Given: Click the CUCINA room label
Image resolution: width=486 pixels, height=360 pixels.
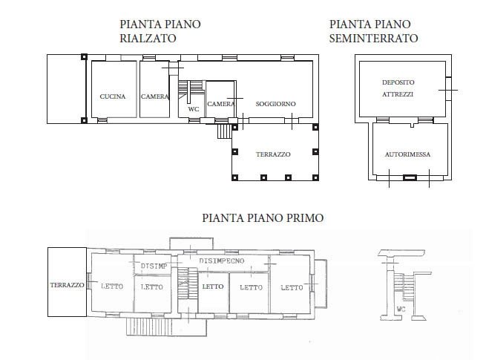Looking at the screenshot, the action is [x=113, y=96].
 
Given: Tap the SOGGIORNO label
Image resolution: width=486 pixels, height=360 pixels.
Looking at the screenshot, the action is [x=275, y=104].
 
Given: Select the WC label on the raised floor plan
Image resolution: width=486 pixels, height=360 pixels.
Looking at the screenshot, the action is [x=194, y=109].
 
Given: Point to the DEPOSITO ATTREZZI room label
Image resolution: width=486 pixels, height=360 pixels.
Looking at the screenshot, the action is [x=398, y=88].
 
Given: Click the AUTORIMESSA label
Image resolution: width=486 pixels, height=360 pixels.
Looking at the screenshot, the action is [x=407, y=154].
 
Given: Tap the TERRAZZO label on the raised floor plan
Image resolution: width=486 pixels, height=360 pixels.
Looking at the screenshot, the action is [x=273, y=154].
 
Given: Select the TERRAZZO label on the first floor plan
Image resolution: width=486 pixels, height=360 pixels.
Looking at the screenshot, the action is [x=68, y=285].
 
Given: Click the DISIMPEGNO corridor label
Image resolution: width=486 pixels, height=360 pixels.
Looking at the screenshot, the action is [x=222, y=261].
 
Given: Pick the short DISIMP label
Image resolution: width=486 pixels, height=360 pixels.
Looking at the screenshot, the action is [x=154, y=266].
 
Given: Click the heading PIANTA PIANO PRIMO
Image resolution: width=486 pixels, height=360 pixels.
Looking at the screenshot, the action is [x=263, y=217].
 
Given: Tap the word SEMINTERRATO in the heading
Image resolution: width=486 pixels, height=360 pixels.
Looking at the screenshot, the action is [x=373, y=39].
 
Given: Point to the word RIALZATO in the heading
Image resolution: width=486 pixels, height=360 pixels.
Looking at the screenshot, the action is [x=148, y=39].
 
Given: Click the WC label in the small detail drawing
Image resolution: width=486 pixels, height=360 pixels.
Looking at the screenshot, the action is [x=401, y=309].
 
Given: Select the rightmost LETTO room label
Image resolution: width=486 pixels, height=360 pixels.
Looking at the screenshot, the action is [x=292, y=288].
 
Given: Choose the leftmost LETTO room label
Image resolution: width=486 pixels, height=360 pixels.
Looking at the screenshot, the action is [x=112, y=287].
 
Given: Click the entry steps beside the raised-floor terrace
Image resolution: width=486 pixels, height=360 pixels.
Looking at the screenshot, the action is [x=224, y=131].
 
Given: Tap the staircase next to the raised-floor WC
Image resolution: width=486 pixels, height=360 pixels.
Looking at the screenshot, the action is [x=191, y=90].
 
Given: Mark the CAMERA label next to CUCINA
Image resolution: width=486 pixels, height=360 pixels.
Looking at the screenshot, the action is [x=154, y=96].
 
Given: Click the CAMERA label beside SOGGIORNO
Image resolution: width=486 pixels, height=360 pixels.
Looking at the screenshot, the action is [x=220, y=104].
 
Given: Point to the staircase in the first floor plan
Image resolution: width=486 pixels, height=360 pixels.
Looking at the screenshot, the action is [x=188, y=284].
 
